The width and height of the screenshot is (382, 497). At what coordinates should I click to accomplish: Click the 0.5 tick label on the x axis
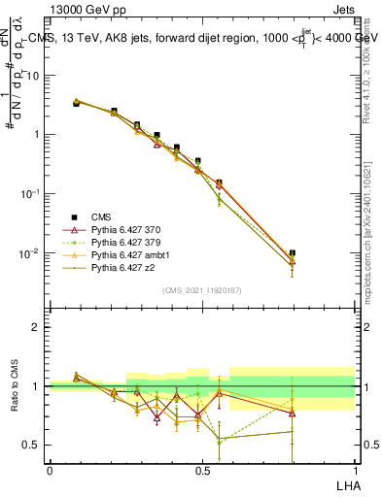point(202,470)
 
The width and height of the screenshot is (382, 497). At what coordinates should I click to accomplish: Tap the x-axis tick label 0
point(50,470)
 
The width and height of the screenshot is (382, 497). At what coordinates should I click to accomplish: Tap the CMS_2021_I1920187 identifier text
point(201,289)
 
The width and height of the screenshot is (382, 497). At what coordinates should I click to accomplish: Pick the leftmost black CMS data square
point(76,102)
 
